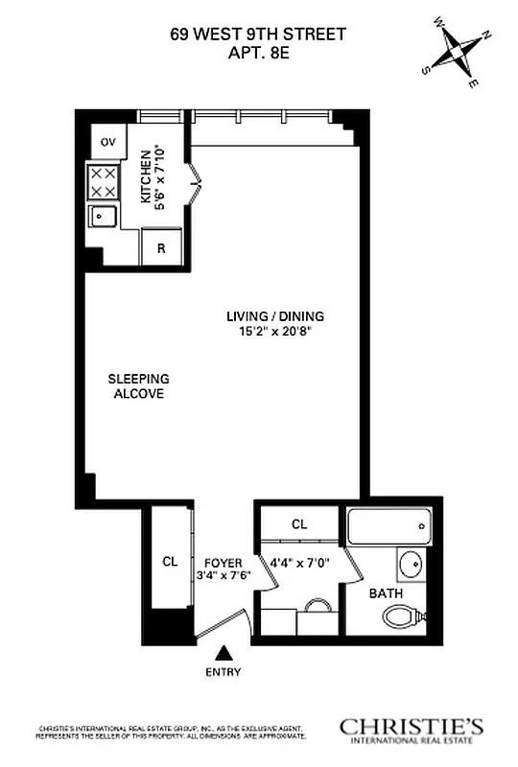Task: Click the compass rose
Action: click(462, 52)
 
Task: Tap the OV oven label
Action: click(108, 142)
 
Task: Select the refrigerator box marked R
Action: click(161, 248)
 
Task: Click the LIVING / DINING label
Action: click(275, 316)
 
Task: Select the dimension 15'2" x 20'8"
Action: click(276, 332)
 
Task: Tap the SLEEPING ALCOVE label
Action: click(137, 385)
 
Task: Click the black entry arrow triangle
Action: click(224, 652)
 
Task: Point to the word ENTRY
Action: click(224, 672)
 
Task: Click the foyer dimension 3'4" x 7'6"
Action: click(224, 576)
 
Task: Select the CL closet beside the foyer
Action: click(170, 562)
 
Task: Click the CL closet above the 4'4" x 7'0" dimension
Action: click(299, 524)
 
